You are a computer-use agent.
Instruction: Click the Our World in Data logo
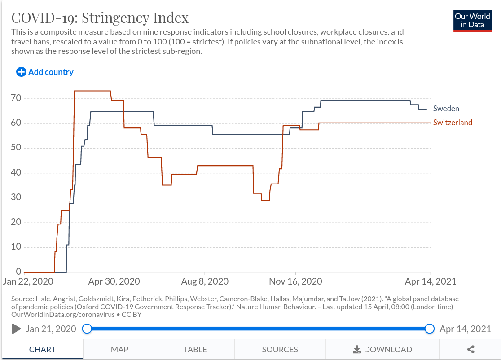pyautogui.click(x=473, y=20)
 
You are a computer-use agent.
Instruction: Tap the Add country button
pyautogui.click(x=45, y=72)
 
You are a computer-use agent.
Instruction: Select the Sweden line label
pyautogui.click(x=446, y=109)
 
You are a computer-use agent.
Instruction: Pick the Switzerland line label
pyautogui.click(x=453, y=123)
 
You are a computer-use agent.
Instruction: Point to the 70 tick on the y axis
pyautogui.click(x=16, y=98)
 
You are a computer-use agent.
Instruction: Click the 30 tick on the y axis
pyautogui.click(x=16, y=198)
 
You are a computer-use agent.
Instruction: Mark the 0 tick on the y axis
pyautogui.click(x=18, y=272)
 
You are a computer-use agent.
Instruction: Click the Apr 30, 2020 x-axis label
pyautogui.click(x=114, y=282)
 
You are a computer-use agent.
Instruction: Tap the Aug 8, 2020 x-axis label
pyautogui.click(x=205, y=282)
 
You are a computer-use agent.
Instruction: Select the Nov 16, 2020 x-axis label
pyautogui.click(x=296, y=282)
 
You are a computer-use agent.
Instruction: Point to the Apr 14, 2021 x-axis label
pyautogui.click(x=431, y=282)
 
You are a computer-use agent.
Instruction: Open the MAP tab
pyautogui.click(x=119, y=349)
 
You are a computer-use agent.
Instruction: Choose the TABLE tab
pyautogui.click(x=195, y=349)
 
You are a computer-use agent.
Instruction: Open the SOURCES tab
pyautogui.click(x=280, y=349)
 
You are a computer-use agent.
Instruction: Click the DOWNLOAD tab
pyautogui.click(x=382, y=349)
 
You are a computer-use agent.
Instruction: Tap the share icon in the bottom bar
pyautogui.click(x=471, y=349)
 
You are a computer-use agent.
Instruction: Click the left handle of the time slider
pyautogui.click(x=87, y=329)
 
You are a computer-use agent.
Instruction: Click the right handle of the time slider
pyautogui.click(x=430, y=329)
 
